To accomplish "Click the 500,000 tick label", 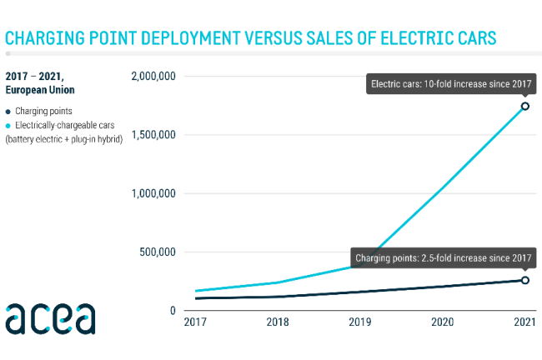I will click(x=158, y=252).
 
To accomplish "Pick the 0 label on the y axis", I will click(x=172, y=311).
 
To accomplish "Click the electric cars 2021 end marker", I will click(x=524, y=106).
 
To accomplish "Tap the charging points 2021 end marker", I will click(x=524, y=280).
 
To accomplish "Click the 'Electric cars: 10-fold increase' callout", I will click(x=450, y=83).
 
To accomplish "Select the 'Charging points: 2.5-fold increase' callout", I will click(x=442, y=258).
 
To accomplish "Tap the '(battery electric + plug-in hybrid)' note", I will click(x=64, y=138).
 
